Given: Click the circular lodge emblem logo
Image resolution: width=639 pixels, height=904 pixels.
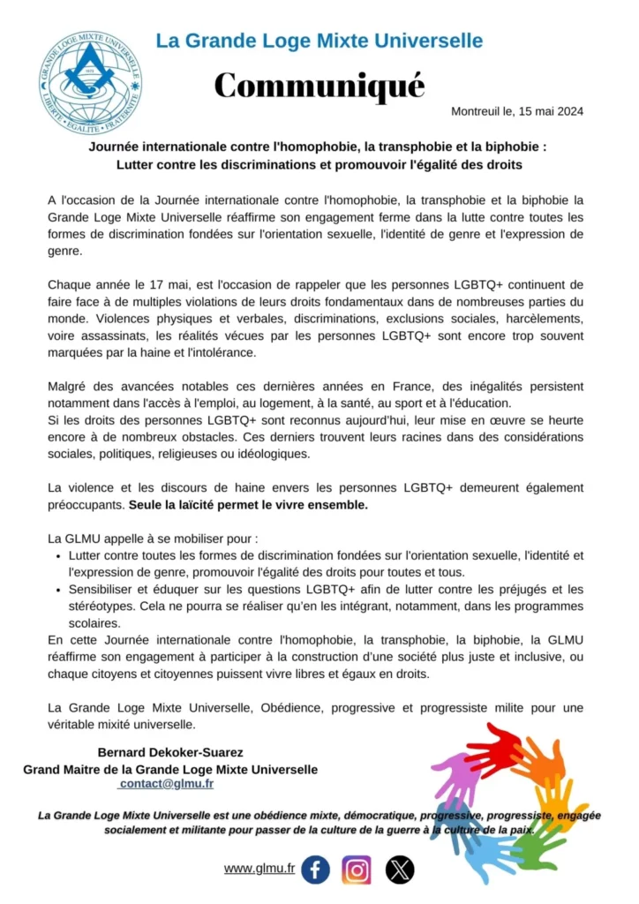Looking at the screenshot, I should [90, 83].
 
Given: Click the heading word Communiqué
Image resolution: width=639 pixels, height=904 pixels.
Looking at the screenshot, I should [319, 86].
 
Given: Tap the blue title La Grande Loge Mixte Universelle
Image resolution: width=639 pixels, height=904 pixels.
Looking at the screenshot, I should [319, 41].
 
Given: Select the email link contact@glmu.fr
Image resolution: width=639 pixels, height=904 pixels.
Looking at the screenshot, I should [166, 784].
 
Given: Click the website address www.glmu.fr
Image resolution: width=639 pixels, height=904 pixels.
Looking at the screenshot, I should [259, 869].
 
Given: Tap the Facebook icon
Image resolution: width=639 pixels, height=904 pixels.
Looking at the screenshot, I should [315, 870].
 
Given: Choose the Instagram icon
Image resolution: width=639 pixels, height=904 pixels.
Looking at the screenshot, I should [357, 870].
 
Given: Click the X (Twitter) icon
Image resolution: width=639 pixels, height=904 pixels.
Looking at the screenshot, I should [400, 870].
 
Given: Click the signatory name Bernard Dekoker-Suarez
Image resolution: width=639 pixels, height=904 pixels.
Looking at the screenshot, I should [170, 753].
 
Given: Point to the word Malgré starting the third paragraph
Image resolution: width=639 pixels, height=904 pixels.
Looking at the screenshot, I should [68, 387].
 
